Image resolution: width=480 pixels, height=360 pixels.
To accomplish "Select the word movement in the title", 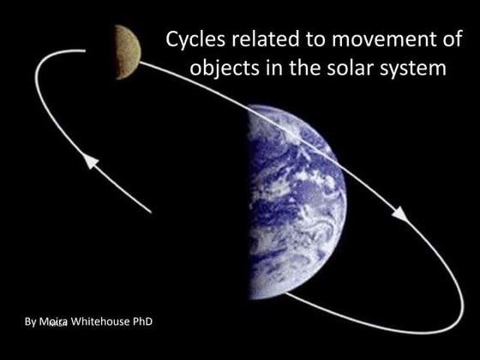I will pos(373,39).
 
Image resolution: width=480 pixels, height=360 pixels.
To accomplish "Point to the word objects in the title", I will pos(219,68).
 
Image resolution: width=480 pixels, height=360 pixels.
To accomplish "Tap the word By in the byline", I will pos(32,321).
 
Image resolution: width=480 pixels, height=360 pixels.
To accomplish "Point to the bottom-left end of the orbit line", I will pos(151,212).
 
